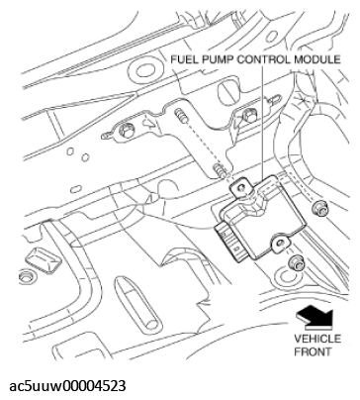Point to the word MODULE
[318, 59]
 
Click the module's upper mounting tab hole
[237, 183]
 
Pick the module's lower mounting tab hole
[280, 238]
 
